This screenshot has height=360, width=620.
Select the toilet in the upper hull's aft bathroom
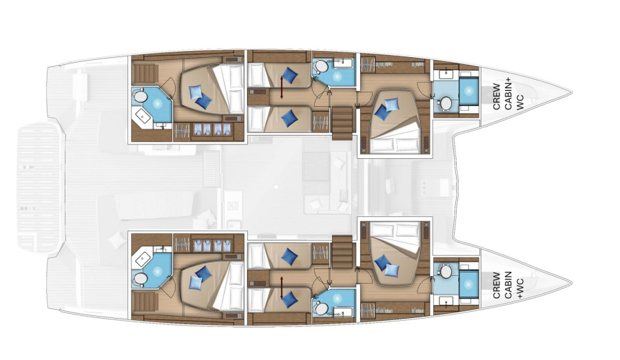(140, 96)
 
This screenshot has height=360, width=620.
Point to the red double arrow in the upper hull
(281, 87)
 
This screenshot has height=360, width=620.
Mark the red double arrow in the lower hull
(281, 287)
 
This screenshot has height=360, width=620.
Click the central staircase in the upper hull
(342, 123)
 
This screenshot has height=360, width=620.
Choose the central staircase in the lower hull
(342, 251)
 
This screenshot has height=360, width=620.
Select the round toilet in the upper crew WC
(446, 103)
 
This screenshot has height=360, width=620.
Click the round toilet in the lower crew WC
(446, 271)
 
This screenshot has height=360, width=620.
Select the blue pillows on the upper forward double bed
(386, 108)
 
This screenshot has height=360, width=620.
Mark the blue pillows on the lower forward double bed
(386, 266)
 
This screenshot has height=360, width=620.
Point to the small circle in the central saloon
(276, 187)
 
